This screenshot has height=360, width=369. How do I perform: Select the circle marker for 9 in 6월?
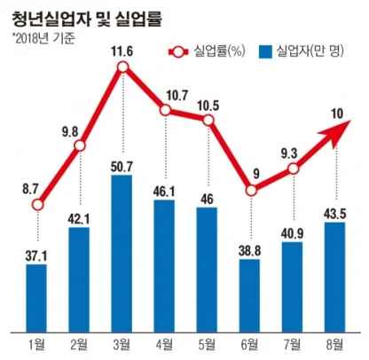point(250,190)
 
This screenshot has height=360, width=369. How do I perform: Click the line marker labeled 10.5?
point(208,121)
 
